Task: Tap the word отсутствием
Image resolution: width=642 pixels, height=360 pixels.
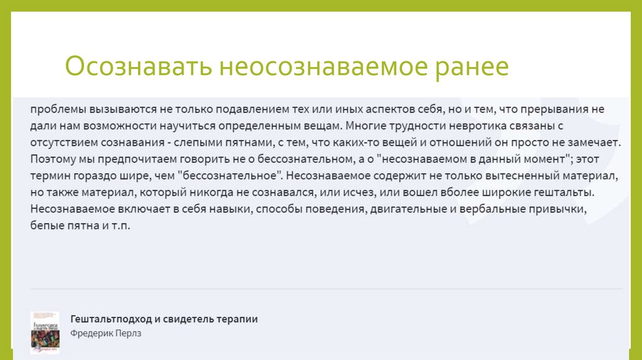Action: click(58, 142)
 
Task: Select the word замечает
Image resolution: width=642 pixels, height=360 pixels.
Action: click(596, 142)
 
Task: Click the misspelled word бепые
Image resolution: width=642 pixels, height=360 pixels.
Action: click(45, 225)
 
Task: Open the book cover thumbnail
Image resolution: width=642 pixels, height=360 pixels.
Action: click(45, 331)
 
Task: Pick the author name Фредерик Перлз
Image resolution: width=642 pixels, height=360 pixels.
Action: click(106, 334)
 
